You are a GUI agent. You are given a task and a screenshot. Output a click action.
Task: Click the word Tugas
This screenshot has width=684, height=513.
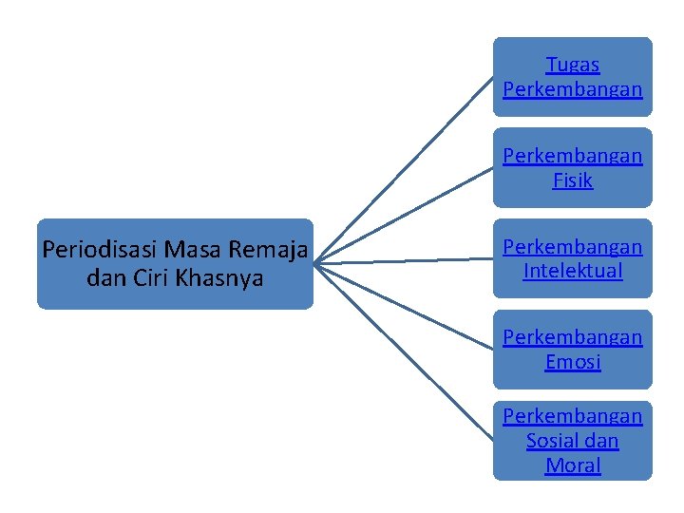click(x=573, y=66)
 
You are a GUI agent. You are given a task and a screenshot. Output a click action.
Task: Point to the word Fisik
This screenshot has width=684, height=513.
click(x=573, y=180)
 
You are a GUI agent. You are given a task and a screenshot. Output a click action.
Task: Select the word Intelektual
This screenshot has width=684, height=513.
click(x=573, y=271)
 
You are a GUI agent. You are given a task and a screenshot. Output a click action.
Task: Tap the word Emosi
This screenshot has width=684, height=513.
click(x=573, y=362)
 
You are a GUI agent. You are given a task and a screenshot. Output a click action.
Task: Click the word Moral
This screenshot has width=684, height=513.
click(x=573, y=465)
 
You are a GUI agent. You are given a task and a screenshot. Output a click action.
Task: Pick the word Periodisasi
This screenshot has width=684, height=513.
click(x=100, y=250)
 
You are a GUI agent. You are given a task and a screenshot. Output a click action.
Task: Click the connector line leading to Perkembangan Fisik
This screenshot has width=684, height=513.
click(x=404, y=215)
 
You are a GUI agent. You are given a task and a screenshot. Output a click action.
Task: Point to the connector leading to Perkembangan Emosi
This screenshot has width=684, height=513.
click(x=404, y=306)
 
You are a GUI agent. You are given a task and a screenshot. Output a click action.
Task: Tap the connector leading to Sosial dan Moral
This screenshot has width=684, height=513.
click(x=404, y=351)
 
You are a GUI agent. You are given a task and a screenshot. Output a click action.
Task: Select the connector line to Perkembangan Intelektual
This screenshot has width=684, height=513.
click(x=404, y=260)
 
